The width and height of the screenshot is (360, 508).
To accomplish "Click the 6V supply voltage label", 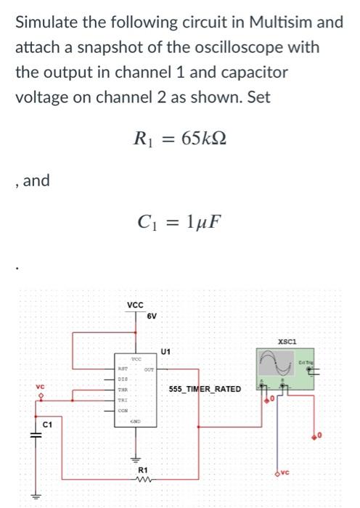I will (152, 316).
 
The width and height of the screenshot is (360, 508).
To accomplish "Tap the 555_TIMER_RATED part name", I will (205, 390).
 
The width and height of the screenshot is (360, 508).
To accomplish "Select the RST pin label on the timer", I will (123, 369).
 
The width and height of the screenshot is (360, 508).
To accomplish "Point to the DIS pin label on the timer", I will (123, 379).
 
